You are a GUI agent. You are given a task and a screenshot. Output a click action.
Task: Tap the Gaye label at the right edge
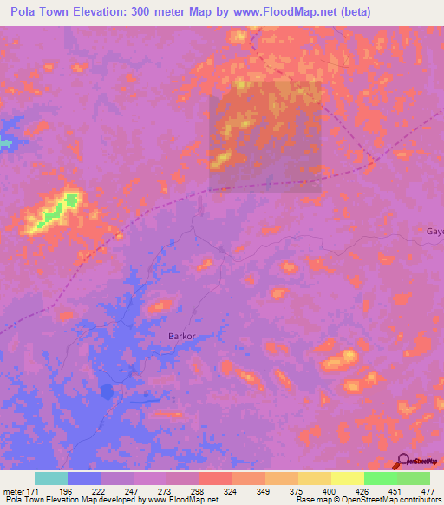click(434, 232)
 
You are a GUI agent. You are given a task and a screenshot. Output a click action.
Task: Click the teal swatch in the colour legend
click(51, 478)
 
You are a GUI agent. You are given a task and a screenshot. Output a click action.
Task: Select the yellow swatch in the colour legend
click(347, 478)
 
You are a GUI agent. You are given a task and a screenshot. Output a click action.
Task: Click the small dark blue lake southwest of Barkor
click(106, 391)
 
